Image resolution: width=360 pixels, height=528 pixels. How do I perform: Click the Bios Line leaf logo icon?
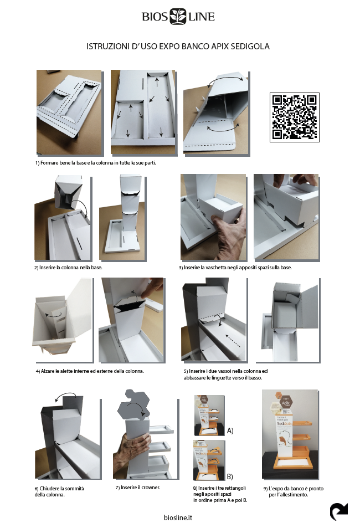pyautogui.click(x=178, y=17)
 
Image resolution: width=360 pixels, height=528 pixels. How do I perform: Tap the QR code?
pyautogui.click(x=294, y=117)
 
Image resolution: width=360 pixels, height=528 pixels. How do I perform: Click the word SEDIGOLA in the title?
pyautogui.click(x=250, y=47)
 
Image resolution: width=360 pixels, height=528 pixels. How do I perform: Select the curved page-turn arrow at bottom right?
pyautogui.click(x=338, y=511)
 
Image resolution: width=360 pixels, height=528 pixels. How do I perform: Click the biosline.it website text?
pyautogui.click(x=178, y=517)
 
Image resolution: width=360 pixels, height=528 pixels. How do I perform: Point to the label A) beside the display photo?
pyautogui.click(x=230, y=430)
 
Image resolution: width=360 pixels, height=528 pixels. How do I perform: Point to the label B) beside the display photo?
pyautogui.click(x=230, y=476)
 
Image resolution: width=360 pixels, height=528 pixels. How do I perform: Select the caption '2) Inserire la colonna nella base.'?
pyautogui.click(x=68, y=268)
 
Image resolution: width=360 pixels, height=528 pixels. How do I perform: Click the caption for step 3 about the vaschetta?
pyautogui.click(x=235, y=268)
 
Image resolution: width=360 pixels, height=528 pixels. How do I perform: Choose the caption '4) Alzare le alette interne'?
pyautogui.click(x=90, y=371)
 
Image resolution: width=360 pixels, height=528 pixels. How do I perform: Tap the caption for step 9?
pyautogui.click(x=294, y=491)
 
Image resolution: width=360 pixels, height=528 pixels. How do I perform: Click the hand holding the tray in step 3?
pyautogui.click(x=229, y=235)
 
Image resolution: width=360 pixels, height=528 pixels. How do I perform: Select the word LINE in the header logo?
pyautogui.click(x=202, y=17)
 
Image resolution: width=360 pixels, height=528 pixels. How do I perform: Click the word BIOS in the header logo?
pyautogui.click(x=155, y=17)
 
